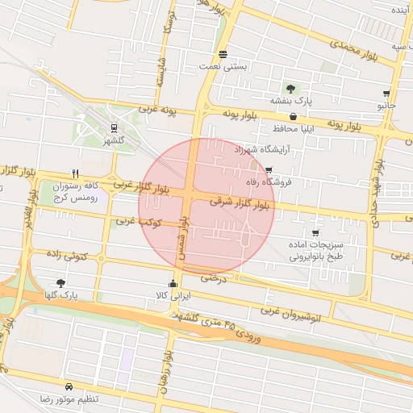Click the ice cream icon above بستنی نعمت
[x=223, y=55]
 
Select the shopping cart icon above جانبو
[x=387, y=94]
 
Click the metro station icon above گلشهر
[x=113, y=127]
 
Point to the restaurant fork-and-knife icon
[x=75, y=173]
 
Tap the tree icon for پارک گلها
[x=61, y=283]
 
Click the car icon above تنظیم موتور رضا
[x=70, y=386]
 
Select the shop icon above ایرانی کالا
[x=173, y=283]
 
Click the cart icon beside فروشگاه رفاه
[x=269, y=170]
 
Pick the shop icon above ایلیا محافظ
[x=293, y=116]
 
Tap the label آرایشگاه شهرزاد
[x=261, y=150]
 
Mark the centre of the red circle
[x=207, y=206]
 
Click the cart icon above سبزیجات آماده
[x=315, y=233]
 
